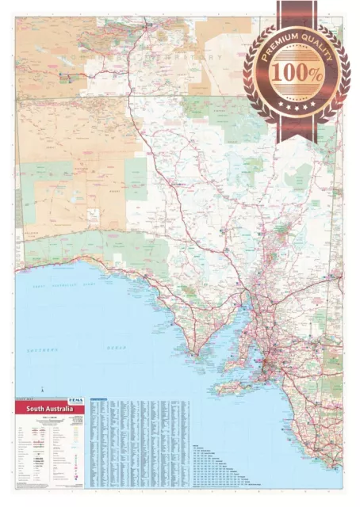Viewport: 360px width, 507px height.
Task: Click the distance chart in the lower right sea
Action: (x=230, y=459)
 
